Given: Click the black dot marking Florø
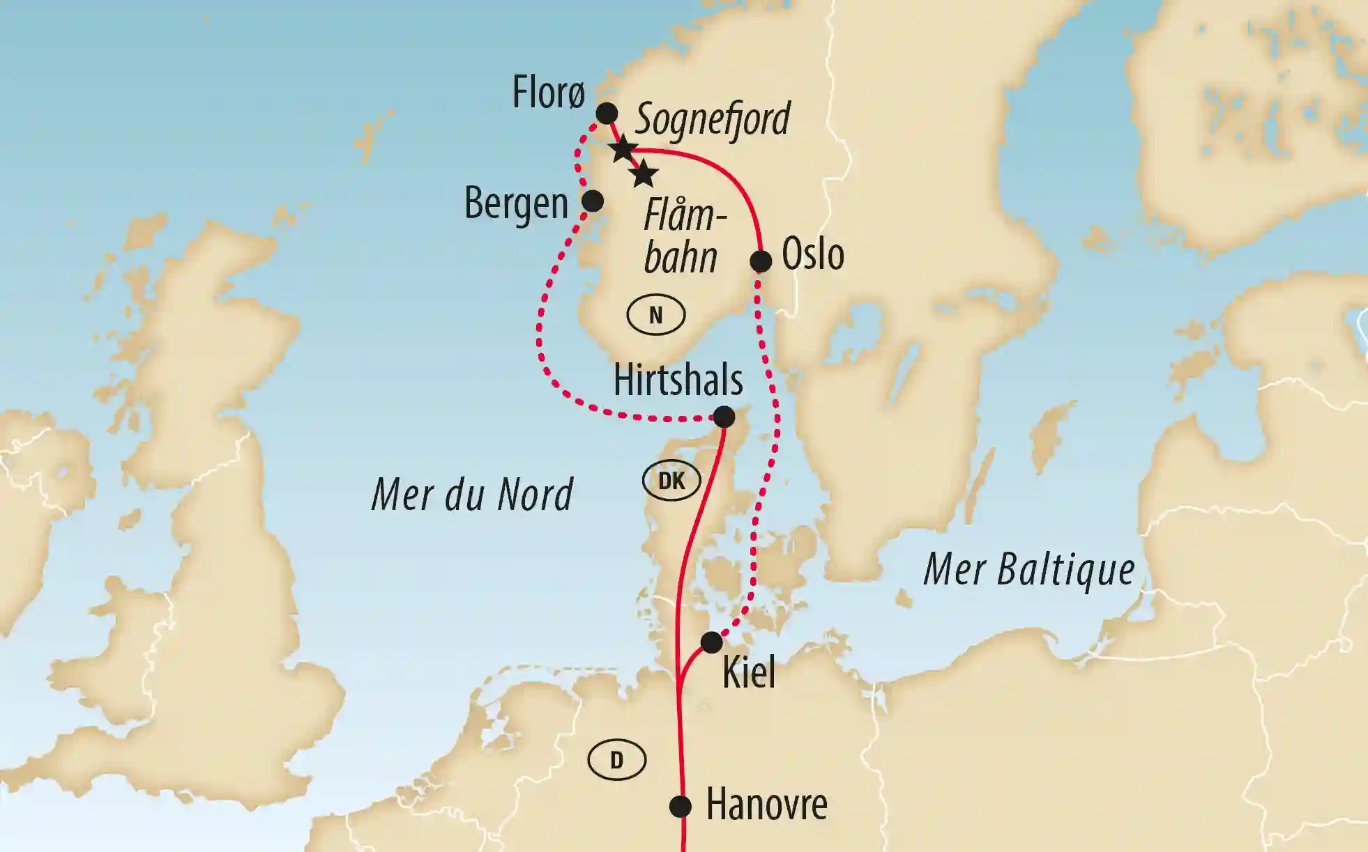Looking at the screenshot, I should coord(607,113).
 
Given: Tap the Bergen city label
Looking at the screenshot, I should coord(516,204).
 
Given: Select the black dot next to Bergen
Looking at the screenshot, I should coord(592,201).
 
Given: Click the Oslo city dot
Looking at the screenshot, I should coord(761,262).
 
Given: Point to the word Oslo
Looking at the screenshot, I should coord(812,254).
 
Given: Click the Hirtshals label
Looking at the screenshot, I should coord(678,380).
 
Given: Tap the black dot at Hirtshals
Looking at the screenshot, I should coord(724,417).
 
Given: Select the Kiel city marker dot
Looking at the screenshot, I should coord(711,642).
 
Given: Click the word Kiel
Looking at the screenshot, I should coord(749,673).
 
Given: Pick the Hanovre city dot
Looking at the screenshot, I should coord(681,807).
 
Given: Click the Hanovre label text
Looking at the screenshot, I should coord(766,805).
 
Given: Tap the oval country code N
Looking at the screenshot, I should coord(655,316).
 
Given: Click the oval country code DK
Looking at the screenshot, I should coord(671,480).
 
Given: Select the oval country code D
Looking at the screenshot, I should coord(616,760).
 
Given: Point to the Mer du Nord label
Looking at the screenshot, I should coord(472,495).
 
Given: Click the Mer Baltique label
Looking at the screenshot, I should coord(1029,570).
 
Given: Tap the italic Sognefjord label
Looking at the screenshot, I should coord(713,118).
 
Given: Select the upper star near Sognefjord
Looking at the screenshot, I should coord(623,149).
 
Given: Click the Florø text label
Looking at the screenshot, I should coord(549,93).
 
